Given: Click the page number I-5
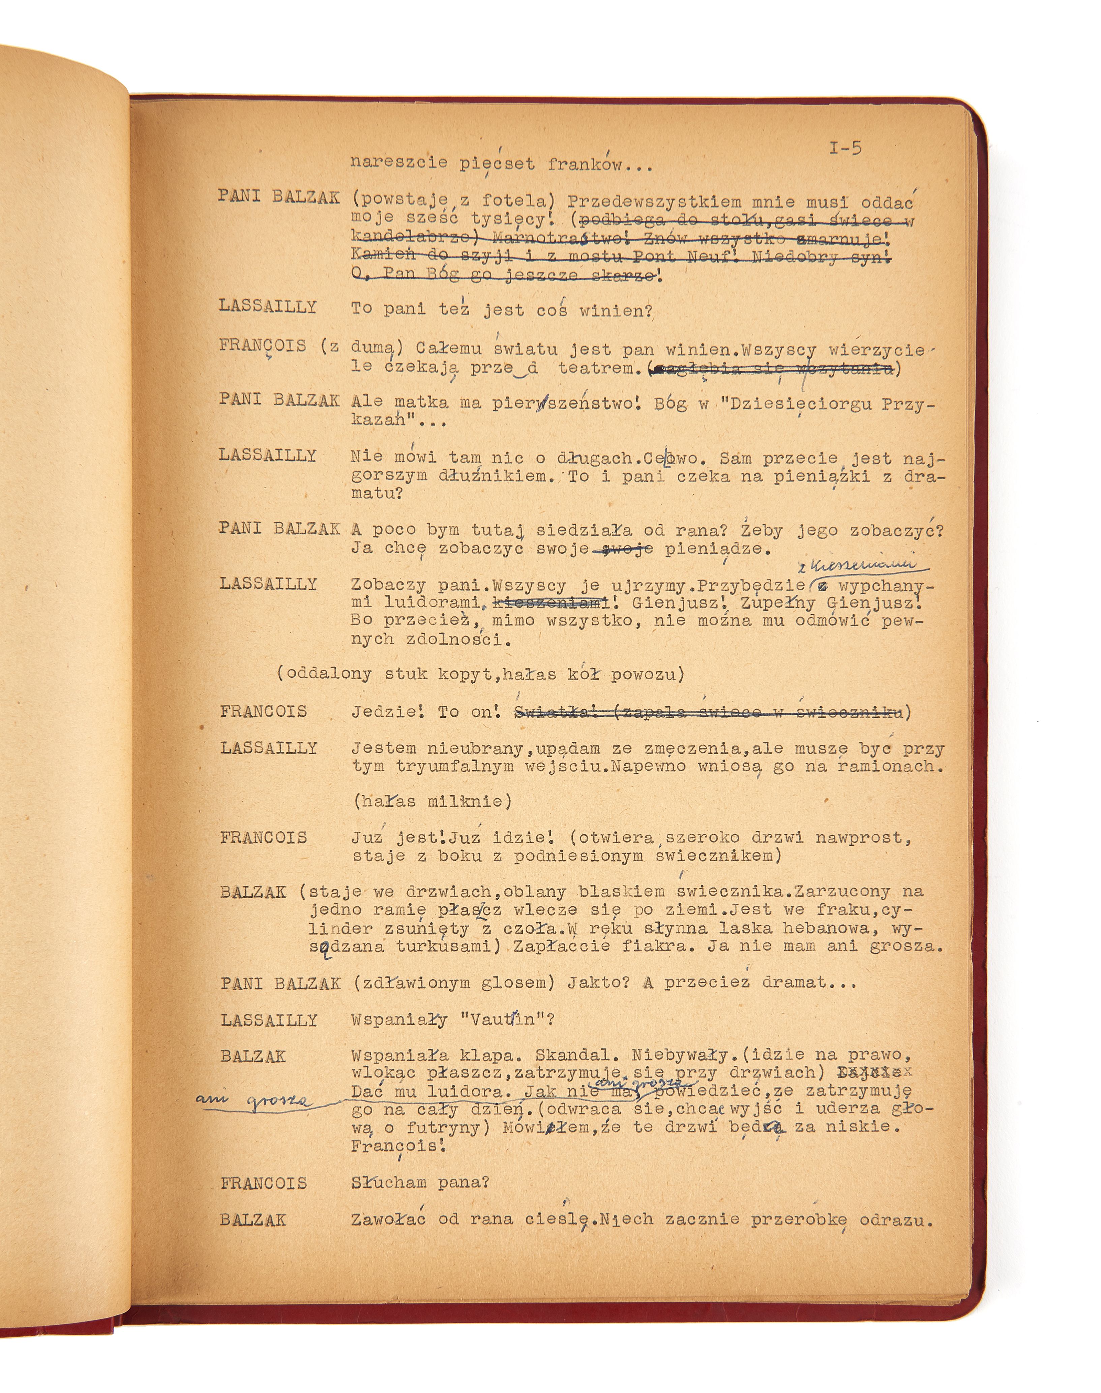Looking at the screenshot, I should point(845,148).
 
